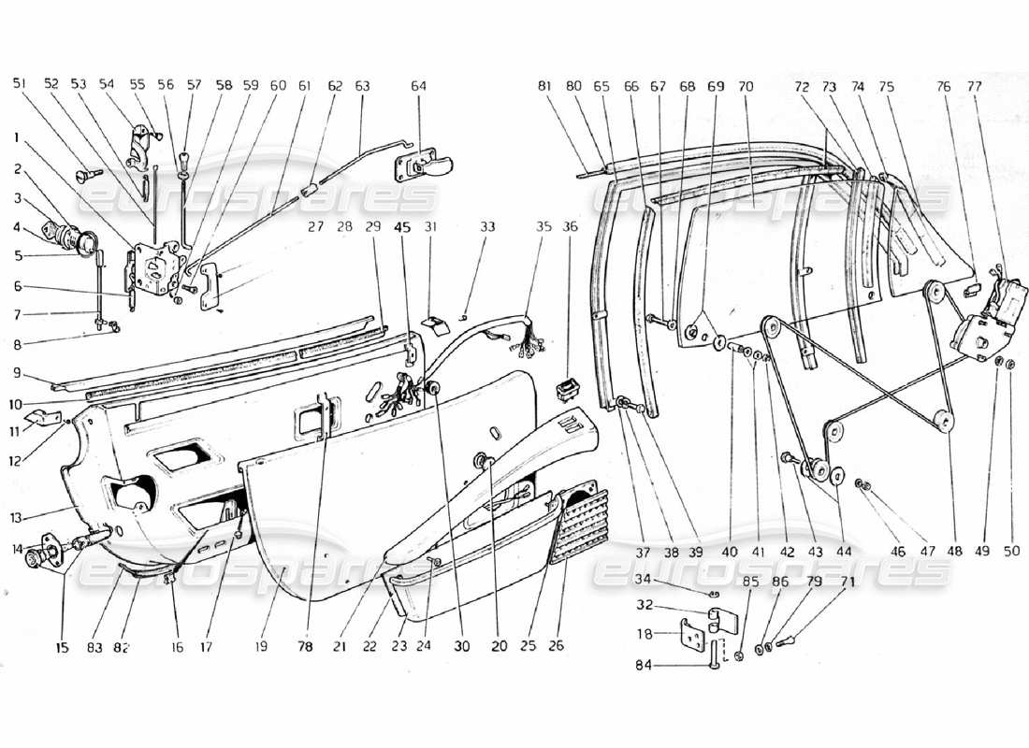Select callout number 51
point(20,83)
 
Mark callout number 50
point(1009,553)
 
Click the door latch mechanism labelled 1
point(154,267)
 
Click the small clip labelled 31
point(433,323)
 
